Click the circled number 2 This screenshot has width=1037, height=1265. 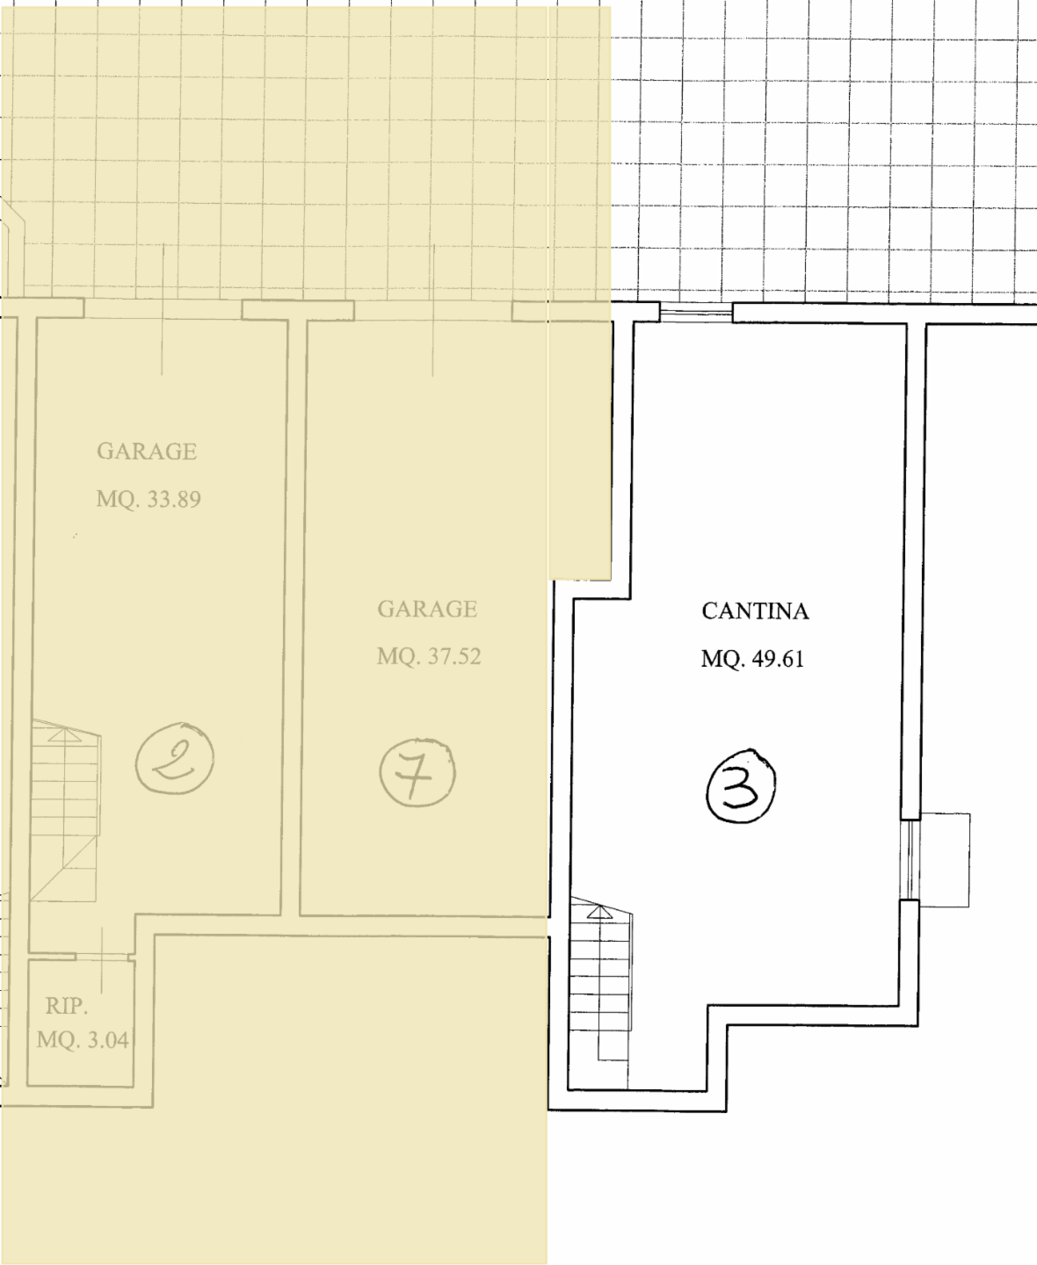(x=175, y=758)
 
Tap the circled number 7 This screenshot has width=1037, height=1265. (x=417, y=773)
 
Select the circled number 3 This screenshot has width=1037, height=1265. (x=741, y=785)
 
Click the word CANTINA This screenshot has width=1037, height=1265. (x=755, y=611)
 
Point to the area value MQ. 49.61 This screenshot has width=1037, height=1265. (x=752, y=659)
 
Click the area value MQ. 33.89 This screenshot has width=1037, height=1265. (x=149, y=499)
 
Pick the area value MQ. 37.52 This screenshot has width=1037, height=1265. (x=429, y=657)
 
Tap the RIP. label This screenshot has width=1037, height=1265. (x=67, y=1006)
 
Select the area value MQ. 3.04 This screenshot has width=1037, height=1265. (x=83, y=1040)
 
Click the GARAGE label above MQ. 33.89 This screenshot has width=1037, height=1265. (x=147, y=452)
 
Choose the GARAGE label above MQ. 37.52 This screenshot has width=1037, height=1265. (x=427, y=610)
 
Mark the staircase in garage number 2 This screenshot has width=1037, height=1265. (x=65, y=810)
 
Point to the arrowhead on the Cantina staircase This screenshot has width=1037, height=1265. (x=599, y=913)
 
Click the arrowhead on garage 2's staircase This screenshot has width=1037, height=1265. (x=65, y=735)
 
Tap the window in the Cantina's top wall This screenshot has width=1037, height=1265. (x=696, y=312)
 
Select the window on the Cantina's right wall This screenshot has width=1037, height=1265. (x=910, y=859)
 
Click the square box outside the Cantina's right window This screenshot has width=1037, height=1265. (x=945, y=859)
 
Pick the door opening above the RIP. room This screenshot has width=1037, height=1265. (x=103, y=956)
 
